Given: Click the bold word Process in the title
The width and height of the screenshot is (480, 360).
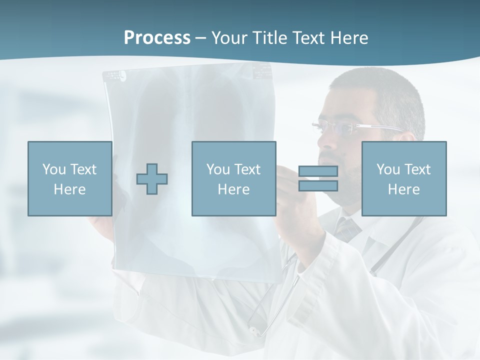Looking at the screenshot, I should tap(157, 38).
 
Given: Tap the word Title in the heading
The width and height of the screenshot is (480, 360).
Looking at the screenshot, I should tap(269, 38).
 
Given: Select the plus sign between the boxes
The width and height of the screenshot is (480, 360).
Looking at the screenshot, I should tap(152, 178).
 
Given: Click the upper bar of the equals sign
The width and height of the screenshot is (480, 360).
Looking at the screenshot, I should tap(318, 171).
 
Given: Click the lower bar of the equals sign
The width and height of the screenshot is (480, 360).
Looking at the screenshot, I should tap(318, 185).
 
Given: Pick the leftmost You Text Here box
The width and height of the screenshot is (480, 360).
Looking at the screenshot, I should tap(70, 178).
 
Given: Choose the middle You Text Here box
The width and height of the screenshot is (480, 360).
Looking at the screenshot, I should tap(233, 178).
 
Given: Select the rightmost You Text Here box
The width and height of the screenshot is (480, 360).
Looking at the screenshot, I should tap(404, 178).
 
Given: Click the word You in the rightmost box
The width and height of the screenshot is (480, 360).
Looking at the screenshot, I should tap(387, 169).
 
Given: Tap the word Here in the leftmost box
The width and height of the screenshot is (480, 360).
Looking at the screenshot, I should tap(70, 189).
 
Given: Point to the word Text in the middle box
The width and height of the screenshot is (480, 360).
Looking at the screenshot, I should tap(247, 169).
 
